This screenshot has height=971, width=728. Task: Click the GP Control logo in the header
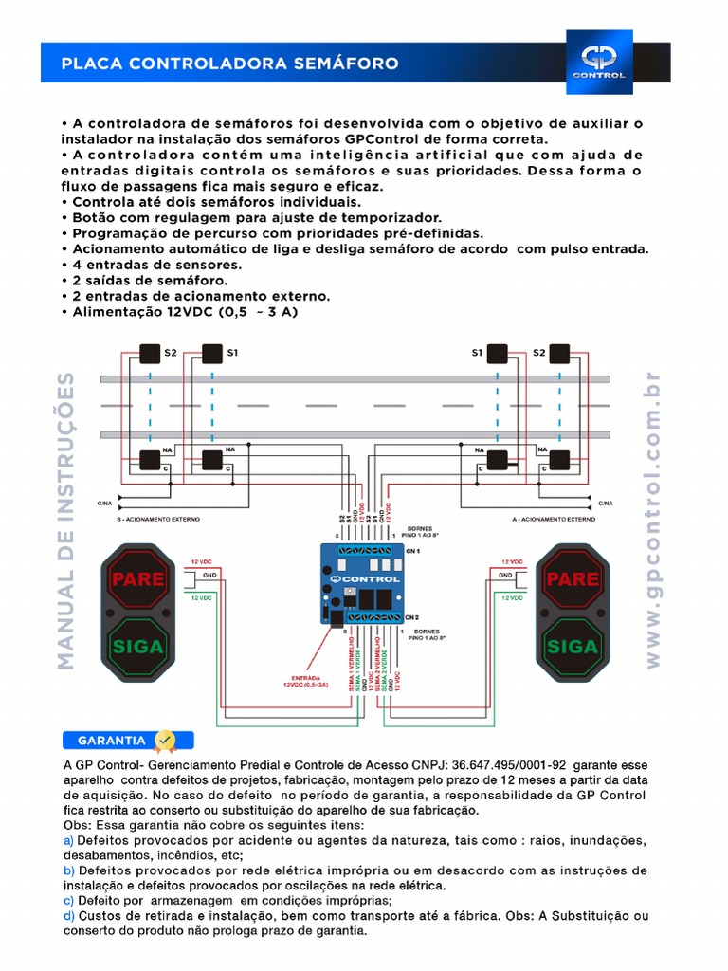tap(598, 62)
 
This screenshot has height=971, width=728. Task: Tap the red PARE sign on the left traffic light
tap(138, 578)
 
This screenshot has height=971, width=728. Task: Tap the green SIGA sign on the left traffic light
tap(138, 648)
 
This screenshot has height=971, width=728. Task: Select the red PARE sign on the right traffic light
tap(573, 578)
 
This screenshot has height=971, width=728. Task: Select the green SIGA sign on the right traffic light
tap(573, 648)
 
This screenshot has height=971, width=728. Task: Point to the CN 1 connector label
tap(412, 551)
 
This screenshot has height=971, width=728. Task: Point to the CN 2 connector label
tap(412, 616)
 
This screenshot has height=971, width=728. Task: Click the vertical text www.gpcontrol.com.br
tap(652, 520)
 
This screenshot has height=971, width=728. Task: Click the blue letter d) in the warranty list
tap(68, 916)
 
